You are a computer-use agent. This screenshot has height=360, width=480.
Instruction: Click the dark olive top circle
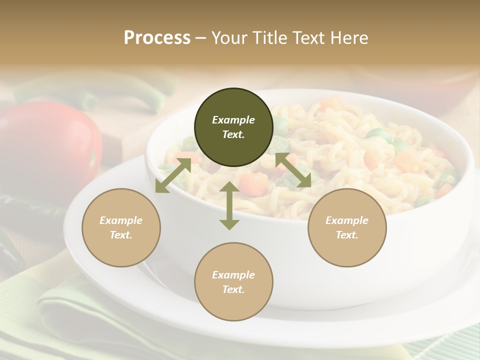[233, 127]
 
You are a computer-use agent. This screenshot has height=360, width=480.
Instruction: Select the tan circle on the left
[121, 227]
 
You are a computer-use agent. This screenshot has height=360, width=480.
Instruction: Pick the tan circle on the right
[347, 227]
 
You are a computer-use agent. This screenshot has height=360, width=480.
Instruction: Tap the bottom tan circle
[233, 282]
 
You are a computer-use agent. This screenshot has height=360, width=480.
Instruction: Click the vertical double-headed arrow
[229, 205]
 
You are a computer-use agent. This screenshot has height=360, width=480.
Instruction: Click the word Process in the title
[157, 38]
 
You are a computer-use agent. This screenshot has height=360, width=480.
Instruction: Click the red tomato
[50, 145]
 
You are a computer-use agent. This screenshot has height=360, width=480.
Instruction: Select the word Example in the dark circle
[233, 120]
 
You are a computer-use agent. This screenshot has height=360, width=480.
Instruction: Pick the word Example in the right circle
[347, 220]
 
